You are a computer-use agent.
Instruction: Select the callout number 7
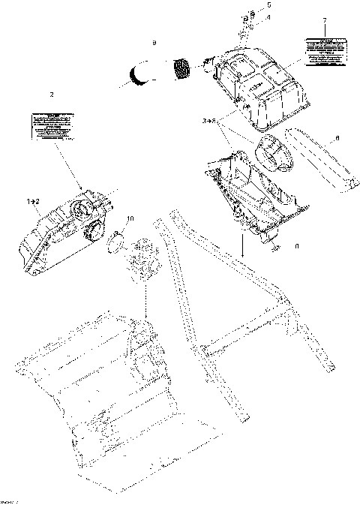pos(323,20)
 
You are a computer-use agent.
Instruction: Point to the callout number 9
pos(154,44)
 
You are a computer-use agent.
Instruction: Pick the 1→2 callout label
pos(34,202)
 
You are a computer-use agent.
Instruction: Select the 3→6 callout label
pos(209,120)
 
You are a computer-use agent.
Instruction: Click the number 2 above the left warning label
pos(51,95)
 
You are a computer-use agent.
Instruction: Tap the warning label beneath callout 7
pos(324,48)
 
